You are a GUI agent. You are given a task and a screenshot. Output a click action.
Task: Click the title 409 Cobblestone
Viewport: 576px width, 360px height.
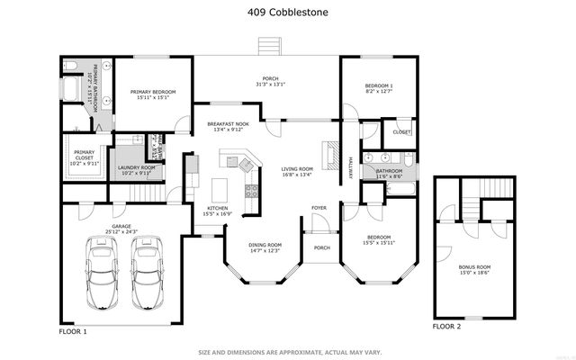pos(287,13)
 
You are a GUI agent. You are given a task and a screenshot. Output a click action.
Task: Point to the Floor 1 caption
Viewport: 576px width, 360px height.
pos(73,331)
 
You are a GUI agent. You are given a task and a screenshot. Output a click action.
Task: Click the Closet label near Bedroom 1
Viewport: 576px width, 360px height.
pos(401,132)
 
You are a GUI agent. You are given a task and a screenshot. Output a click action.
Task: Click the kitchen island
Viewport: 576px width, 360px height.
pos(218,190)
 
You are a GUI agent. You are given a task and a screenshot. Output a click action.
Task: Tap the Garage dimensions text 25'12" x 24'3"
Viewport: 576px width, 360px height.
pos(121,231)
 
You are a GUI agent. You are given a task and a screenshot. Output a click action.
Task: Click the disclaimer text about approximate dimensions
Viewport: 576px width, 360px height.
pos(287,352)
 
